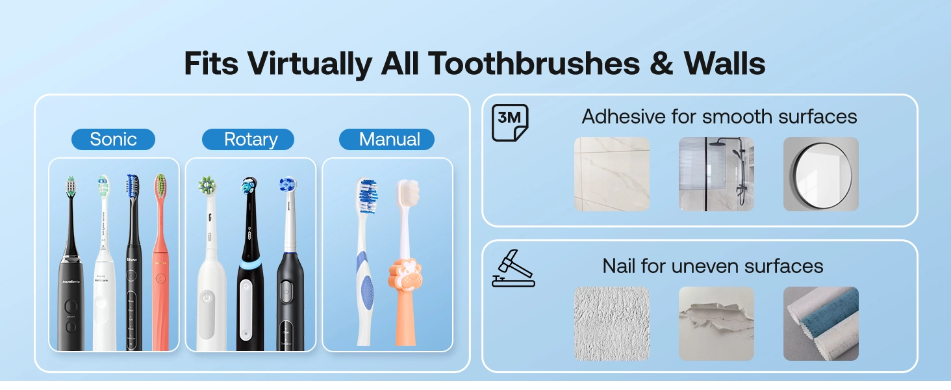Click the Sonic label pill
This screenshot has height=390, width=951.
(113, 139)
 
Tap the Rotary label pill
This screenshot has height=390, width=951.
(250, 139)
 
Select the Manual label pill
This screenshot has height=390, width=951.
(389, 139)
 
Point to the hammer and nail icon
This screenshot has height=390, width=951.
(513, 268)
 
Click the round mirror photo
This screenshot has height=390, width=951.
(820, 174)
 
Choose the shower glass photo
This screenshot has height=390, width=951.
(716, 174)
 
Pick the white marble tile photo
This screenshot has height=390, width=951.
(611, 174)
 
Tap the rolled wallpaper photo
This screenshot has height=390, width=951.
(820, 323)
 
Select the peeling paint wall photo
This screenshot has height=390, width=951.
(716, 323)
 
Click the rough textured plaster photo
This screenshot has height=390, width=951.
(611, 323)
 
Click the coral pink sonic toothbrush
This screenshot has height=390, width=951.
(160, 273)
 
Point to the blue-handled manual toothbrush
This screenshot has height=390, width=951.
(366, 273)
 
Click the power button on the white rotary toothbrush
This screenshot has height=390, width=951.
(207, 298)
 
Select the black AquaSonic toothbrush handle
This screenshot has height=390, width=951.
(70, 305)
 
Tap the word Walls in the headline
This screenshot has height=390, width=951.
(724, 64)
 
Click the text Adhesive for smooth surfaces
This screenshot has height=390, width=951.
(719, 116)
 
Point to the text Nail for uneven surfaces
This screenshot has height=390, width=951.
(713, 266)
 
